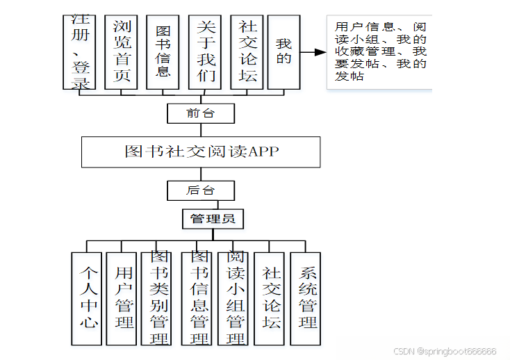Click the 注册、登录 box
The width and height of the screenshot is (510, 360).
click(79, 52)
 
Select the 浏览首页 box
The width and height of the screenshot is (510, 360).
click(121, 52)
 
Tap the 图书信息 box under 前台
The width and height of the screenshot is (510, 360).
click(163, 52)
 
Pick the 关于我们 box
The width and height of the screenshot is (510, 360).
click(204, 52)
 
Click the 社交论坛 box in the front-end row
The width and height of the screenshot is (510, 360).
click(246, 52)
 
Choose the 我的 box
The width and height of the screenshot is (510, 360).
click(283, 52)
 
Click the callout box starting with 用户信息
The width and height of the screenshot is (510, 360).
click(379, 52)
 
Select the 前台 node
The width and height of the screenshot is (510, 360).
click(201, 113)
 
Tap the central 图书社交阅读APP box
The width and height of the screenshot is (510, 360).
click(201, 152)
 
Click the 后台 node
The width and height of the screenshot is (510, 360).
click(201, 190)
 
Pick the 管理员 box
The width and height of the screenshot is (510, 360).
click(213, 220)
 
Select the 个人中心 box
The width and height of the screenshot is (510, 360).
click(87, 298)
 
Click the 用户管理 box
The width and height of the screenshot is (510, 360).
click(124, 298)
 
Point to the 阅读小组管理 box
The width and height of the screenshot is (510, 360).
click(234, 298)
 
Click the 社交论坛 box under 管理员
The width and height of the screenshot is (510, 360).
click(271, 298)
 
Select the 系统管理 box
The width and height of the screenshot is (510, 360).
click(306, 298)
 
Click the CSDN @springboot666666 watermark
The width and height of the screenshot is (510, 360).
click(445, 352)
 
